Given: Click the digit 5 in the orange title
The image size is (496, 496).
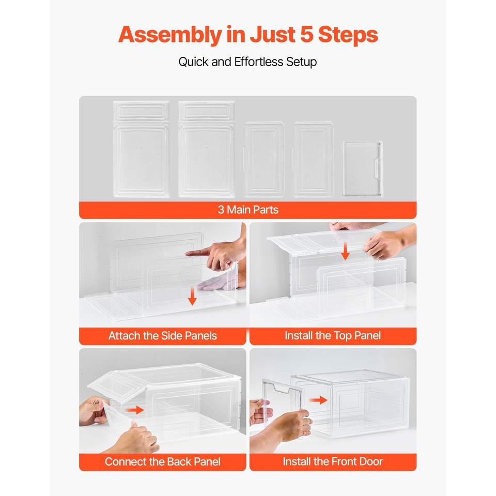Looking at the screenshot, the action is (x=306, y=34).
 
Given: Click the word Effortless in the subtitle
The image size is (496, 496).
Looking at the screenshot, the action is (x=258, y=61).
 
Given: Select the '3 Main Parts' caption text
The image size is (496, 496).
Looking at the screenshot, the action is (x=248, y=210).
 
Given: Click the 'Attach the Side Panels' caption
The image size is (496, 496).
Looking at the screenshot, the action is (x=163, y=336).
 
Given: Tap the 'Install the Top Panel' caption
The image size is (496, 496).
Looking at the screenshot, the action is (x=333, y=335).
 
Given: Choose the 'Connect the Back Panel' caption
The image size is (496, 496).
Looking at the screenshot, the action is (x=163, y=461).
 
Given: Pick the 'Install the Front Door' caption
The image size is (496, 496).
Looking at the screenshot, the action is (x=333, y=461).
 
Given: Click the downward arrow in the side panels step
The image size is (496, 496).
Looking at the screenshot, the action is (x=192, y=297).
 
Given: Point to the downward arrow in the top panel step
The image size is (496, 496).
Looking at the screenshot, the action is (x=346, y=251).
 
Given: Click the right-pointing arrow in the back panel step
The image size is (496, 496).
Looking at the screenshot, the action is (x=135, y=410).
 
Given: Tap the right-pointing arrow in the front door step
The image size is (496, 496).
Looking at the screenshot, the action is (x=318, y=400).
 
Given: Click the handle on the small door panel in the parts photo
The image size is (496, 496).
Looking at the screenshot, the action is (x=378, y=167).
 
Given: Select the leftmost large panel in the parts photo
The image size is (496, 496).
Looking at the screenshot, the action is (x=141, y=149).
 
